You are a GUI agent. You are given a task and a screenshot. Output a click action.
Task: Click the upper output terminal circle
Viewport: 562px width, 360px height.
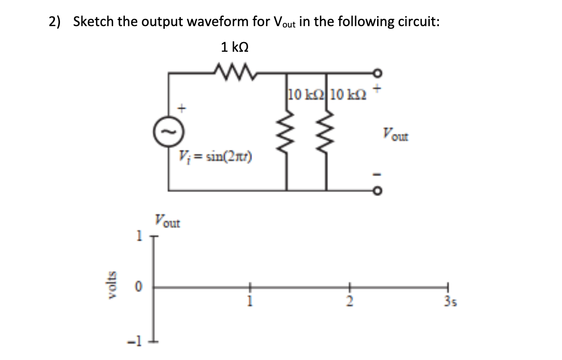pos(378,72)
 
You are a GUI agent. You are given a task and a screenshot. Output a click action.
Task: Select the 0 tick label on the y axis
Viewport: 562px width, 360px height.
pos(136,288)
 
